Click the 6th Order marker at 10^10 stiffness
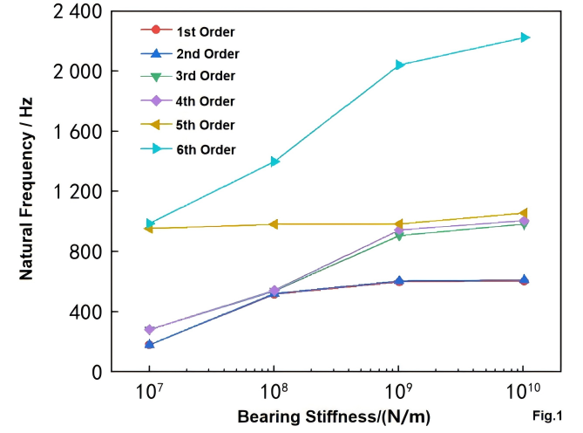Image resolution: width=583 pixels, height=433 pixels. [x=525, y=38]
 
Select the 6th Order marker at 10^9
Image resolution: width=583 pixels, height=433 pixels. [x=399, y=65]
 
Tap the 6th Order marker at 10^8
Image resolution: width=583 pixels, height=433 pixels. [x=275, y=162]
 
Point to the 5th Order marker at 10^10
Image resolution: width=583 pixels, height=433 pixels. [x=525, y=213]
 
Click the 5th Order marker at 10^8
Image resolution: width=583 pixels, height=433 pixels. [x=275, y=224]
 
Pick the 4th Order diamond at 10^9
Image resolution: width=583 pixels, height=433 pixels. [x=399, y=230]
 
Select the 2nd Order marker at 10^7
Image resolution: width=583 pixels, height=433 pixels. [x=150, y=344]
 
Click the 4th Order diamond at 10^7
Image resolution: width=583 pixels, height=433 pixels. [x=150, y=330]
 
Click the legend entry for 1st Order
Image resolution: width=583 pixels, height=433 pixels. [x=199, y=31]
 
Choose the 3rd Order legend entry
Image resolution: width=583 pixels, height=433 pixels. [x=199, y=77]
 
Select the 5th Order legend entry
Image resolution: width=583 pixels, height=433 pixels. [x=199, y=125]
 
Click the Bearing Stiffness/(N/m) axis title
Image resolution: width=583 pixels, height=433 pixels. [x=334, y=416]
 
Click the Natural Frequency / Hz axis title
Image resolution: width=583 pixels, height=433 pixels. [x=27, y=191]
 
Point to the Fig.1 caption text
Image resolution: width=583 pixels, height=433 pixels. [x=547, y=416]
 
